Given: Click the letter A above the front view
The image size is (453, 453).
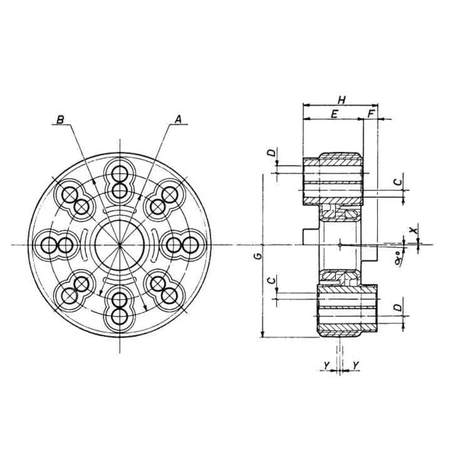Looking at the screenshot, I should (178, 119).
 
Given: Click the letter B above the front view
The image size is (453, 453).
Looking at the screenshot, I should (60, 119).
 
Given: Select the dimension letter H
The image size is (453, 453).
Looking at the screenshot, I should (341, 100).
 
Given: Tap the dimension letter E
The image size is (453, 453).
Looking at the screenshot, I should (335, 114).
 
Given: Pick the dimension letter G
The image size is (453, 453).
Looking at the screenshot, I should (258, 257).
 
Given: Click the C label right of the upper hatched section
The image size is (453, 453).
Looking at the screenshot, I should (398, 181).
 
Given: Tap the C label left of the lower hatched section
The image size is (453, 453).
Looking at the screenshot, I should (272, 280).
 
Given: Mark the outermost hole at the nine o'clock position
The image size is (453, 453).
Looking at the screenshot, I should (48, 245).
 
